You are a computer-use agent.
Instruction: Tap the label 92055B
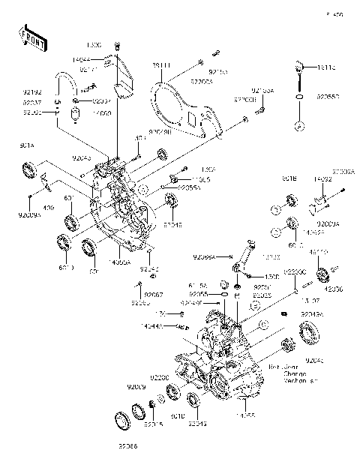[x=328, y=97]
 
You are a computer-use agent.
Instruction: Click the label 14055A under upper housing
[x=120, y=262]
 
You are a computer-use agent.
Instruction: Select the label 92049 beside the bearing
[x=172, y=223]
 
